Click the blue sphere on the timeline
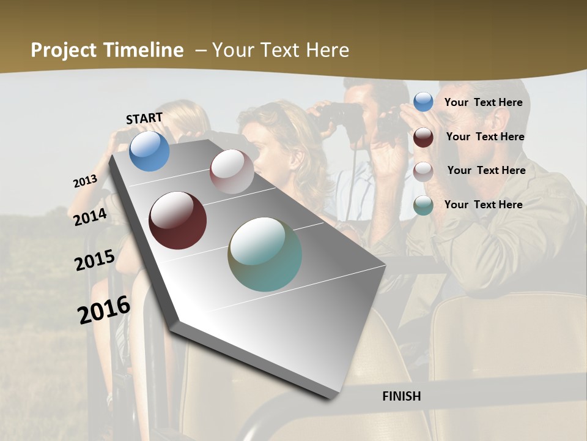pos(150,151)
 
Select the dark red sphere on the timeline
pos(177,221)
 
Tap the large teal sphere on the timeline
pos(265,254)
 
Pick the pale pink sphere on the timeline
pos(232,171)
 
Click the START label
pos(144,118)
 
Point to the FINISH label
pos(402,396)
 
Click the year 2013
pos(85,181)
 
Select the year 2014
pos(90,217)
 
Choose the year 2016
pos(104,310)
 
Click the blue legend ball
pos(423,102)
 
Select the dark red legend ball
pos(423,137)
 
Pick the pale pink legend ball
pos(423,171)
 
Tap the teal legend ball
pos(423,205)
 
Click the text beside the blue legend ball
pos(483,102)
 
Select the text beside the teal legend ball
pos(483,205)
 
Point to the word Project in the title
pos(64,50)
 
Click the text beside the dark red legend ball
pos(485,137)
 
